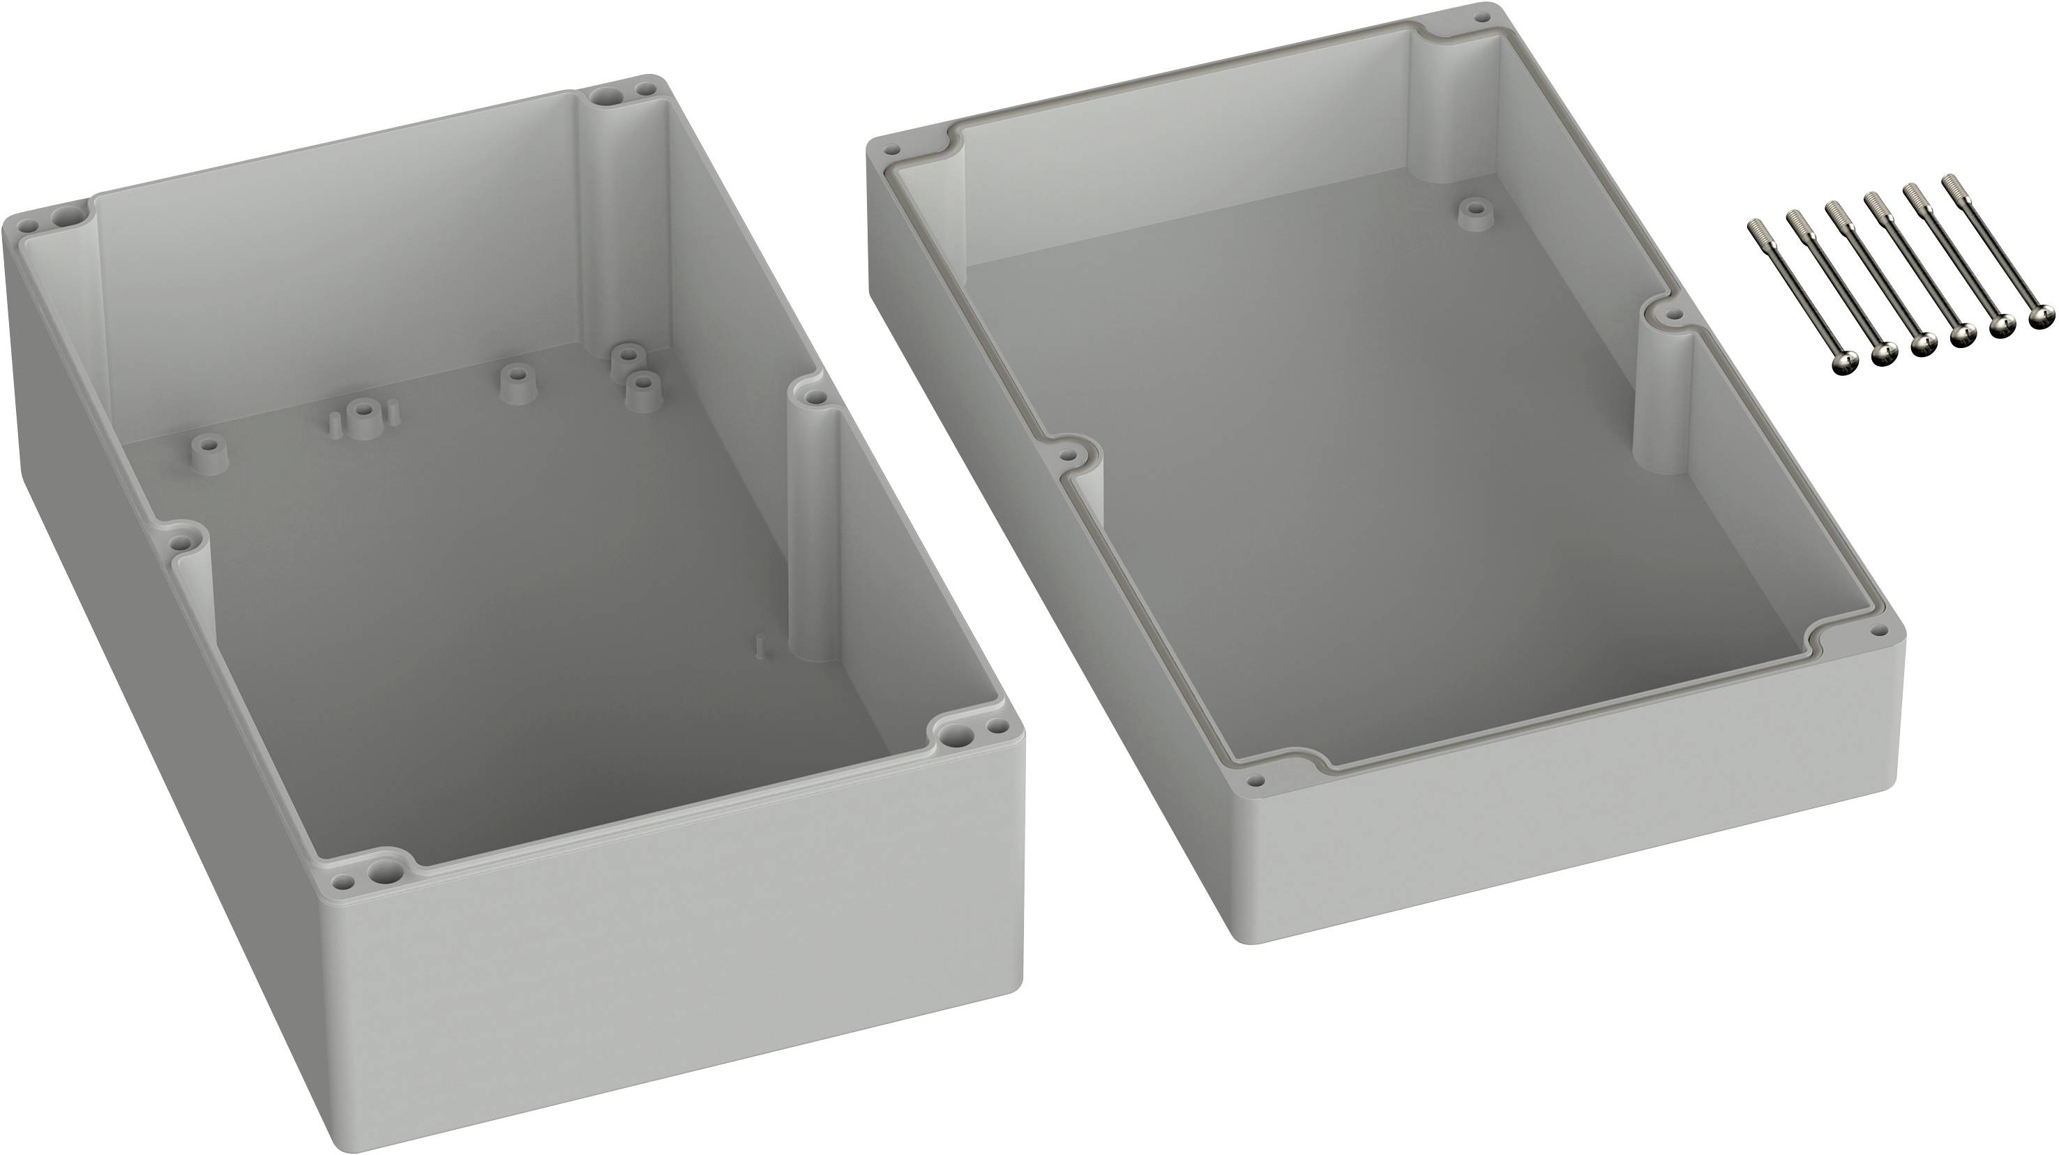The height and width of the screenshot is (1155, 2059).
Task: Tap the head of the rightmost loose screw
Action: click(x=2041, y=318)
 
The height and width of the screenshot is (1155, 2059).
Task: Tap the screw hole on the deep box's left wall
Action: click(x=183, y=543)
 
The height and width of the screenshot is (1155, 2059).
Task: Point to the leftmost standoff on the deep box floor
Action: click(x=209, y=452)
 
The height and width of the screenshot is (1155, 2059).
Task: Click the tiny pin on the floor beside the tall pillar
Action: click(x=762, y=645)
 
